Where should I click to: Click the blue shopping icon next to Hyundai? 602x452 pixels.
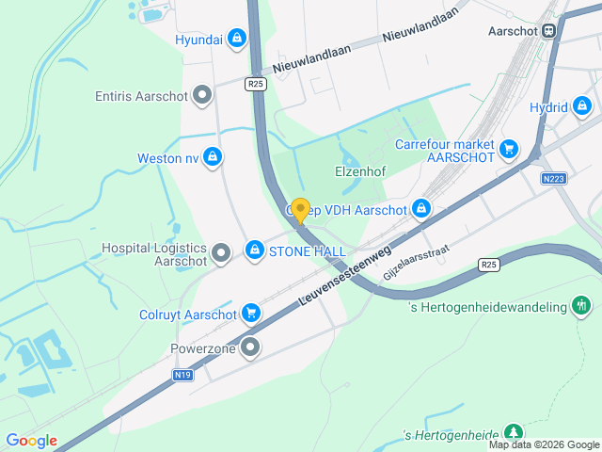(236, 39)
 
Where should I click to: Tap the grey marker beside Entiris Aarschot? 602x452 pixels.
(202, 95)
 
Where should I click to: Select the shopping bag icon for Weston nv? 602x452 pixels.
(214, 157)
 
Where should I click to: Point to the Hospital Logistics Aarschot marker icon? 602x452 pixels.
(221, 252)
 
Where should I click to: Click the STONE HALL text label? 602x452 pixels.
(307, 251)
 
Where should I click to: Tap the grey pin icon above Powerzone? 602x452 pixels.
(250, 348)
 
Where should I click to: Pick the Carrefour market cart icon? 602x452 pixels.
(509, 148)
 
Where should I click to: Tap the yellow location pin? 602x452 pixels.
(300, 210)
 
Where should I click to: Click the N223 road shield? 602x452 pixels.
(554, 177)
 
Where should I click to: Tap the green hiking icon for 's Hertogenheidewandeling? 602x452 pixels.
(582, 306)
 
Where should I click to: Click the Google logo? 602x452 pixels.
(31, 441)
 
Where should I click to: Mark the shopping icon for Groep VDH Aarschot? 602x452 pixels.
(421, 208)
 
